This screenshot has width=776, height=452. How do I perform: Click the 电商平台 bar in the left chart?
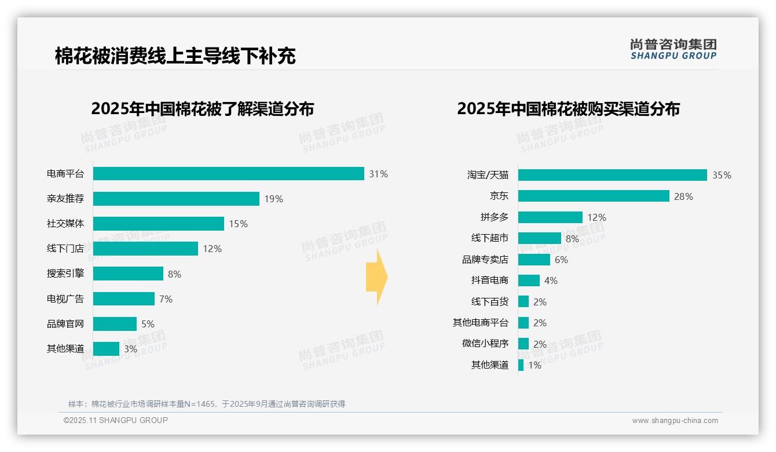tap(228, 174)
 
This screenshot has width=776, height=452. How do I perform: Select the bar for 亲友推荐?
tap(176, 199)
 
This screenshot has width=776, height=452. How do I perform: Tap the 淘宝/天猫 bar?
tap(612, 175)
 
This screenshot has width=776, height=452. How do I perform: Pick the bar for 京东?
tap(594, 196)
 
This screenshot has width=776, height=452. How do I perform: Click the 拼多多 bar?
tap(550, 217)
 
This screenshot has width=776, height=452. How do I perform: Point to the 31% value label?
tap(378, 174)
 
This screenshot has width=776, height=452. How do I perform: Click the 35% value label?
tap(722, 175)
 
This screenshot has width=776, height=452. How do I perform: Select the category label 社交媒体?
tap(65, 224)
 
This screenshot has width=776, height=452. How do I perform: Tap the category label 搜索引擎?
tap(65, 274)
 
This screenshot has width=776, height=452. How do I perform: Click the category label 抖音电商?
tap(490, 280)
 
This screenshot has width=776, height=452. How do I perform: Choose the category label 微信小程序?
tap(485, 344)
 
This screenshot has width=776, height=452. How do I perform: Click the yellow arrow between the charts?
tap(376, 277)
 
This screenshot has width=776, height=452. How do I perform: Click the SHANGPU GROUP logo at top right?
tap(673, 49)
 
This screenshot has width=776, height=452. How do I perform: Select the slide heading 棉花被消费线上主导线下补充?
tap(175, 56)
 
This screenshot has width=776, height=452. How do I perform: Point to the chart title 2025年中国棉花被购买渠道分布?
tap(568, 109)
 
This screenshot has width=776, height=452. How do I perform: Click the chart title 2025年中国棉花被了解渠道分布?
tap(202, 109)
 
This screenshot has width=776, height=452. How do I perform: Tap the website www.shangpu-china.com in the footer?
tap(675, 421)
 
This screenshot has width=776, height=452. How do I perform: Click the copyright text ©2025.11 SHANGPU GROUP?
tap(116, 420)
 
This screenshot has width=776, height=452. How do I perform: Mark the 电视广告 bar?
tap(124, 299)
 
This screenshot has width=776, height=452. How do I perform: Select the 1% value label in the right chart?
tap(534, 365)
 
